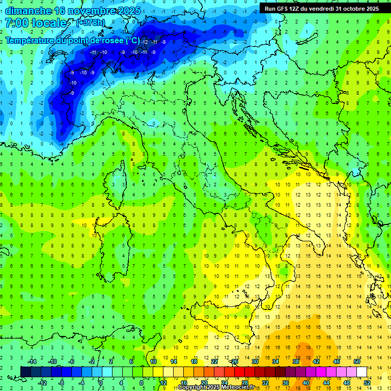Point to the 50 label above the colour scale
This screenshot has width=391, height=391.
coord(357,361)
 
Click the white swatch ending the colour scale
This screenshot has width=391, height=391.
coord(362,372)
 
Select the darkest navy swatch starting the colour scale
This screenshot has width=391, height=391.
coord(25,372)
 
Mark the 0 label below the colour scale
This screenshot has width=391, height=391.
coord(101,382)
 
